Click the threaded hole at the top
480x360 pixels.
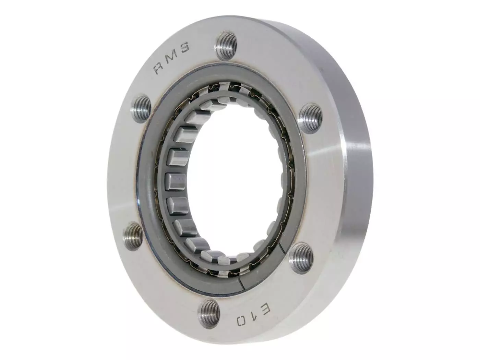pos(226,43)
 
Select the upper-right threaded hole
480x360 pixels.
pos(311,118)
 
